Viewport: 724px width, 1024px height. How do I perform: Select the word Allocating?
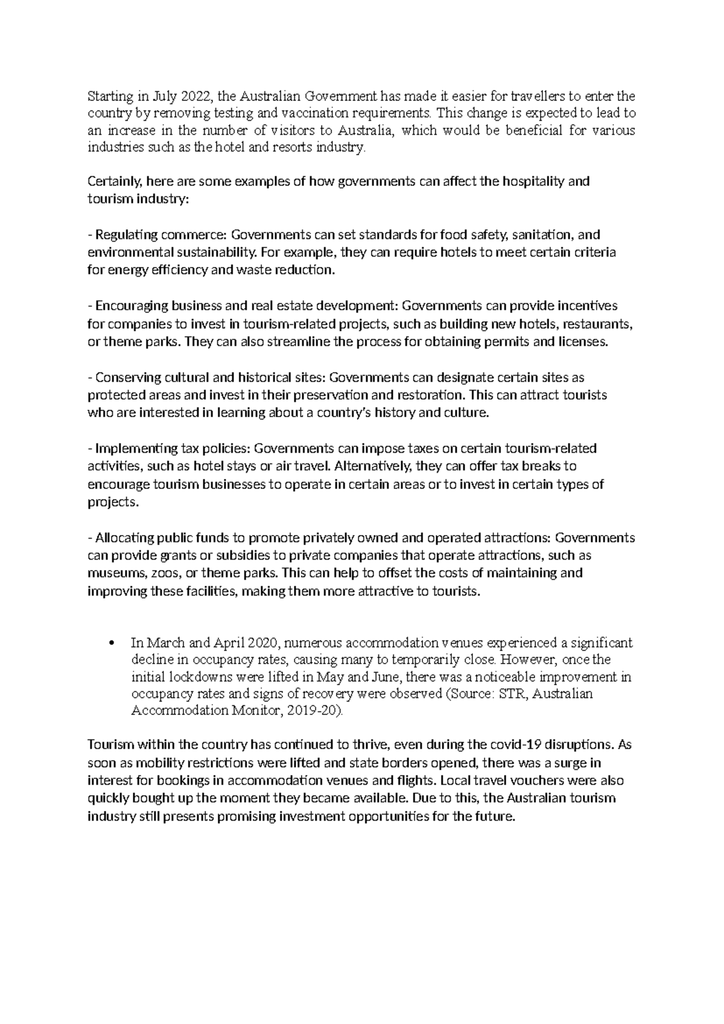point(124,538)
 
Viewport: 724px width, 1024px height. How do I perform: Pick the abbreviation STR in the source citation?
point(507,694)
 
